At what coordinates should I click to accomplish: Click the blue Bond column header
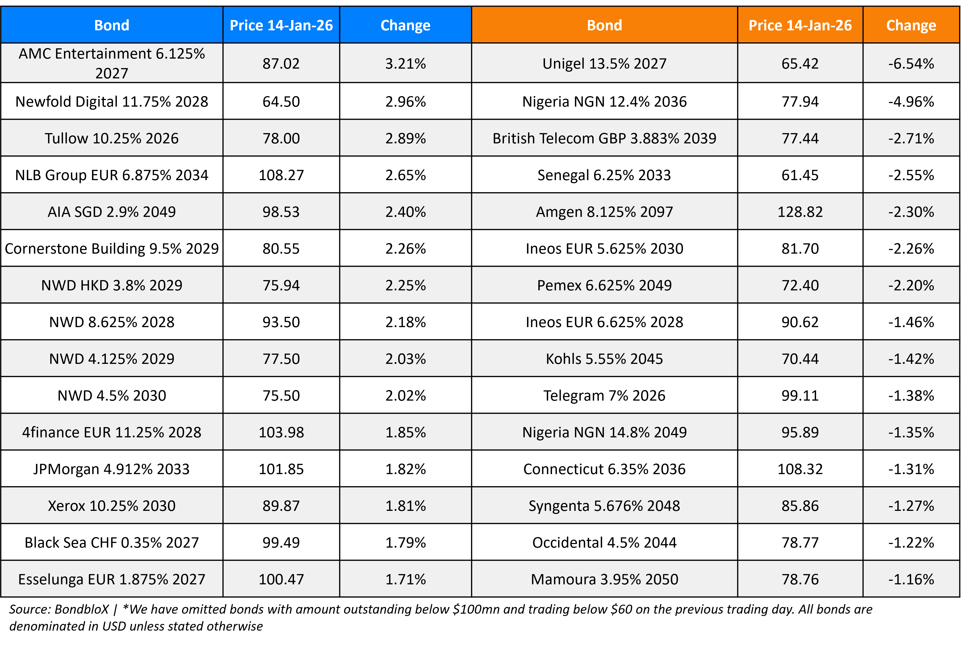[x=112, y=25]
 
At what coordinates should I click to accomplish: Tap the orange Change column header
[x=911, y=25]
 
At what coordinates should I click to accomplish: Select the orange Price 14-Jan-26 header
[x=800, y=25]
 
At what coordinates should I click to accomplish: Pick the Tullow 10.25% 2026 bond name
[x=112, y=138]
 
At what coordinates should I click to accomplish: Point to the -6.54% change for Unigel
[x=911, y=63]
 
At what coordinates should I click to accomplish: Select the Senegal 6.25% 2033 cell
[x=604, y=175]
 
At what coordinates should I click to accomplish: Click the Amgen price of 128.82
[x=800, y=212]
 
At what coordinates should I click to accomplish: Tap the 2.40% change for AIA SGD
[x=405, y=212]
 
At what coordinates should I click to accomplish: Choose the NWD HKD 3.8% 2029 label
[x=112, y=285]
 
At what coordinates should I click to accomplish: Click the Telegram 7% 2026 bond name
[x=604, y=395]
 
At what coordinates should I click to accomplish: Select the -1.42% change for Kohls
[x=911, y=359]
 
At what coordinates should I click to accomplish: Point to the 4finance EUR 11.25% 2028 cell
[x=112, y=432]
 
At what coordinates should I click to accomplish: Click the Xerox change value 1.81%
[x=405, y=505]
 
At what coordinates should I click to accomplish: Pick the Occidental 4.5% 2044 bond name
[x=604, y=542]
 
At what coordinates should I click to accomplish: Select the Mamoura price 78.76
[x=800, y=579]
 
